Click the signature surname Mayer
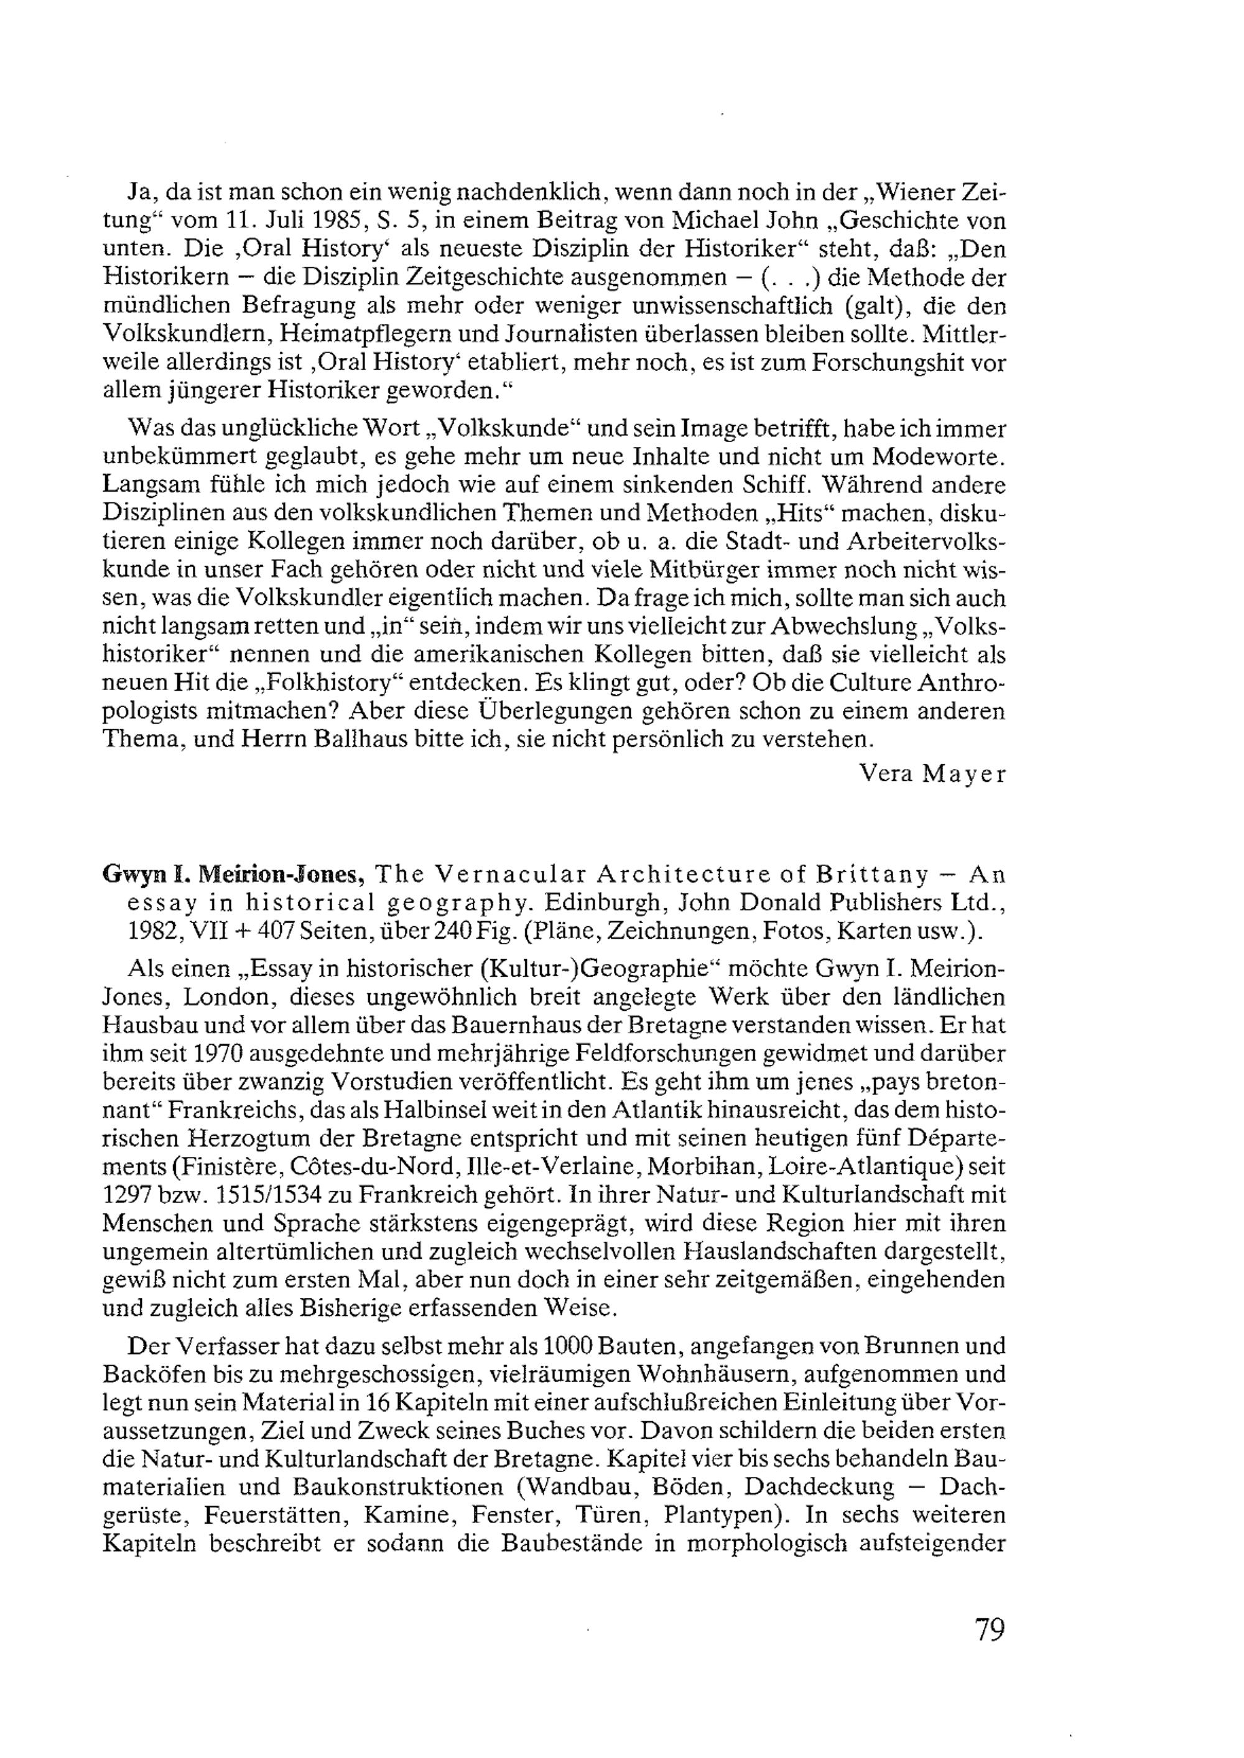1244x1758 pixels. (963, 774)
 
